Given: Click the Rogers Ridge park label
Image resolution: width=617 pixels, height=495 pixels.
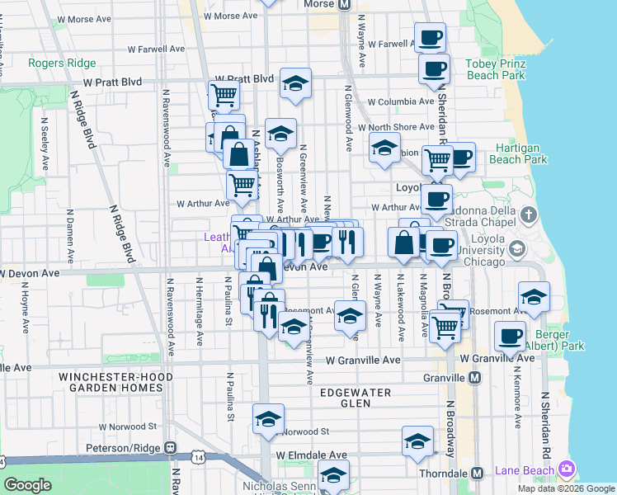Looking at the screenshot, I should click(x=62, y=63).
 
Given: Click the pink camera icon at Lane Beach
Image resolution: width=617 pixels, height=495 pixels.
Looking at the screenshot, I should click(x=566, y=470).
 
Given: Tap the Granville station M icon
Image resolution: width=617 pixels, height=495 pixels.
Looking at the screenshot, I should click(x=474, y=377).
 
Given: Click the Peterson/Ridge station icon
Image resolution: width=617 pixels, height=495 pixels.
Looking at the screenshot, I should click(x=170, y=448).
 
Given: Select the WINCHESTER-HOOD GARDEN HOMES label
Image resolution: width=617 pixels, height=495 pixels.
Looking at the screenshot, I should click(x=121, y=382).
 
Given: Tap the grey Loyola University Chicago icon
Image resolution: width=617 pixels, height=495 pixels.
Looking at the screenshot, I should click(x=517, y=248).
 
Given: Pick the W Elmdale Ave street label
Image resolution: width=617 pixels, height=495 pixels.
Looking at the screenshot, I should click(x=311, y=455).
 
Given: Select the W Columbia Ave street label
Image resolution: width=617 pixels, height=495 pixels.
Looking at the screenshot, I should click(x=400, y=102).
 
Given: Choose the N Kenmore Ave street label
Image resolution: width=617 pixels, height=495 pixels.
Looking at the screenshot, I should click(x=517, y=404).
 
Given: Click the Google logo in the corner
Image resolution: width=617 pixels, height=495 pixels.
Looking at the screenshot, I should click(x=27, y=485).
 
